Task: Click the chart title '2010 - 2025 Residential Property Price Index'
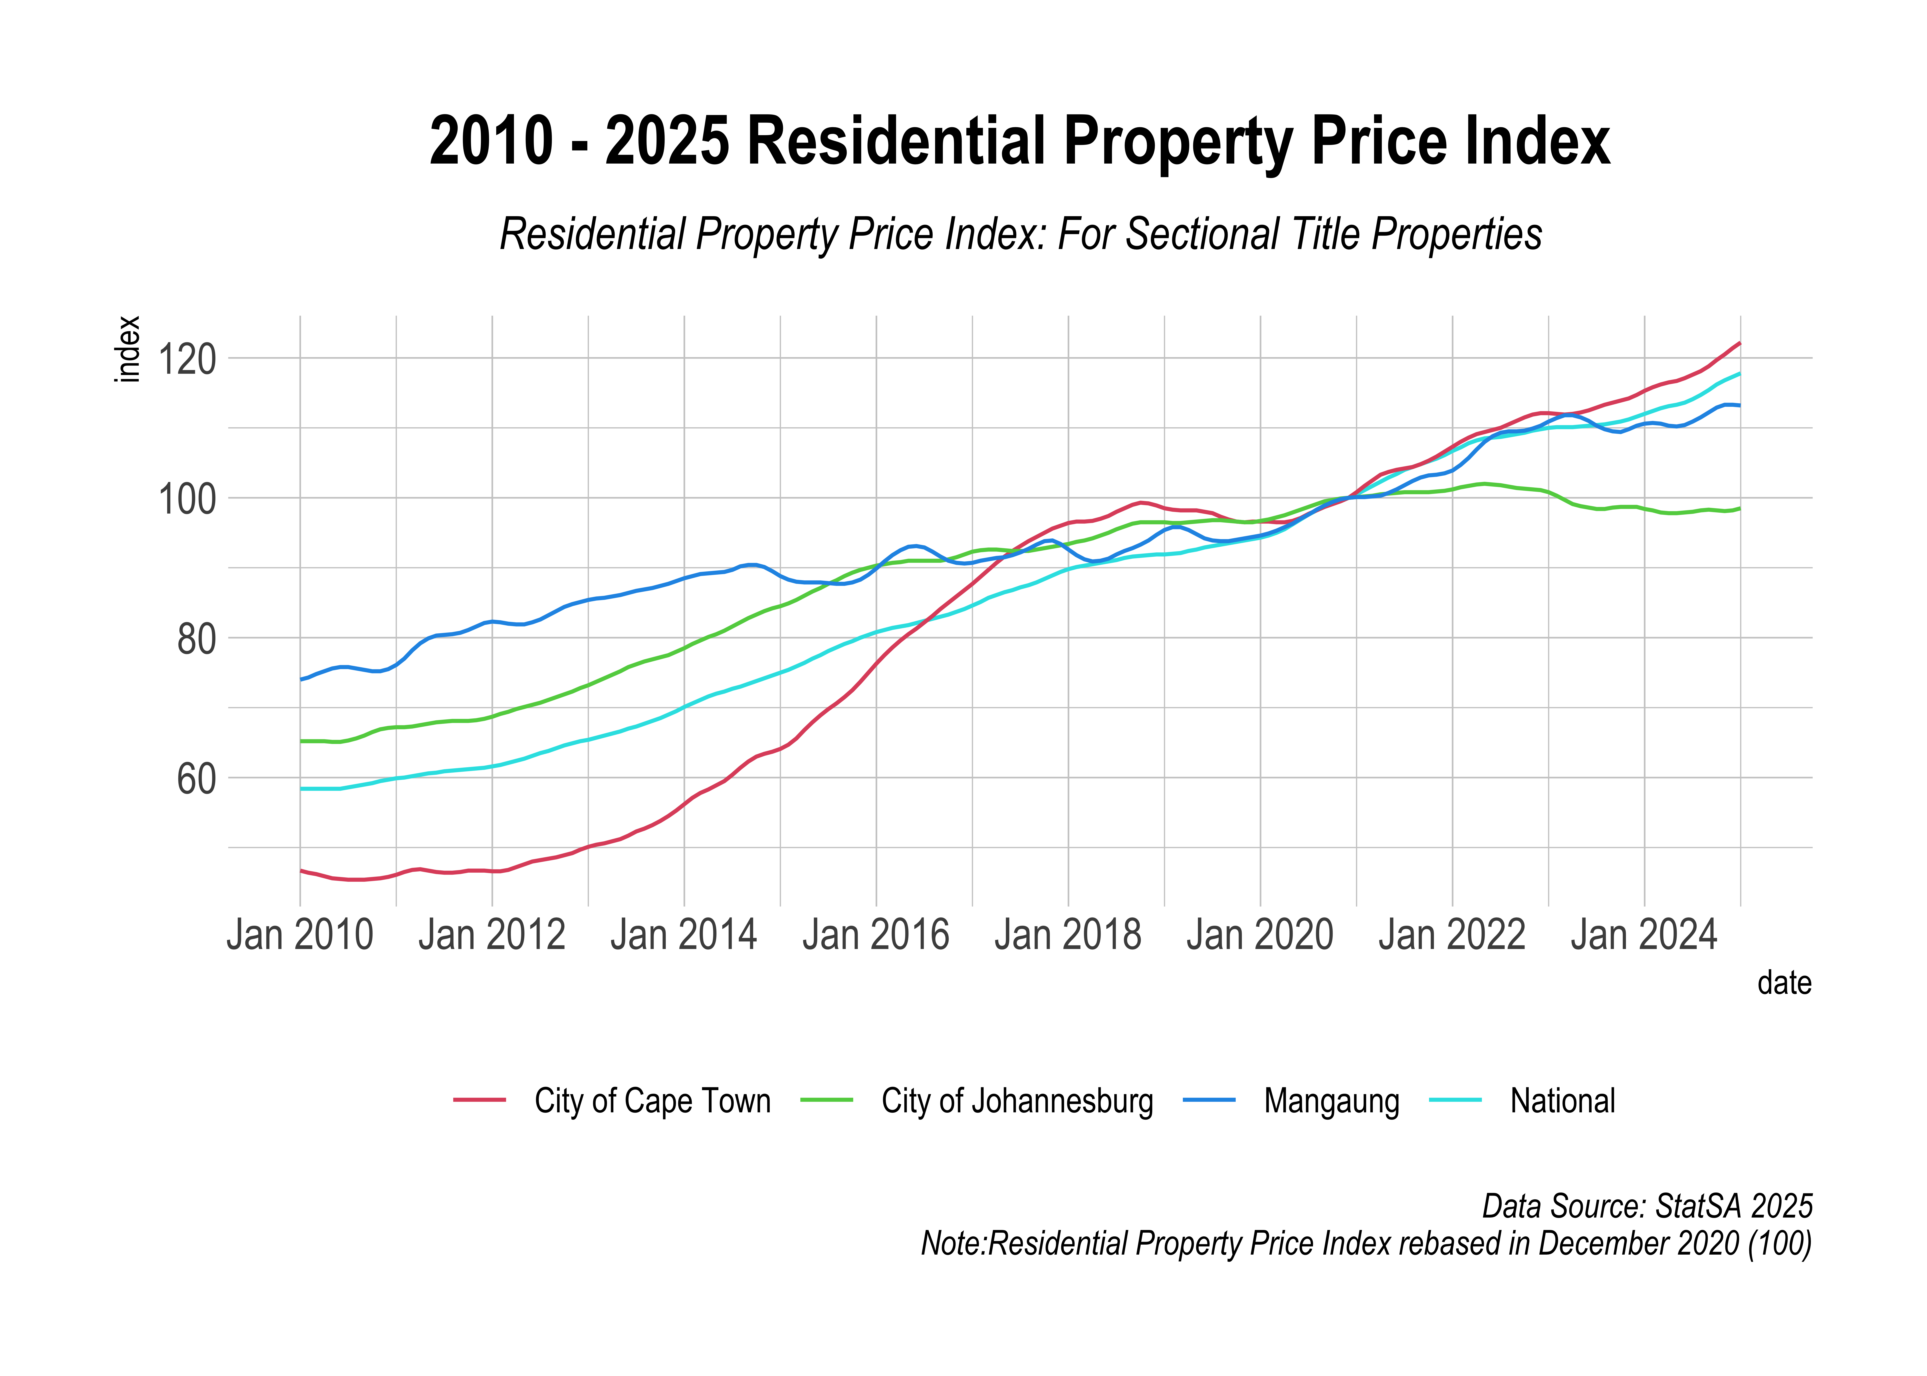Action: point(1019,142)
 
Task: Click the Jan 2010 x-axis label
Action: point(300,935)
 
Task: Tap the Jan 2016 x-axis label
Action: point(876,935)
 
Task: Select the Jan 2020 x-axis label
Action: point(1260,935)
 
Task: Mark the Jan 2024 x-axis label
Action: point(1644,935)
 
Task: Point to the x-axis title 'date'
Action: point(1784,983)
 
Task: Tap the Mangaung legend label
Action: point(1331,1101)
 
